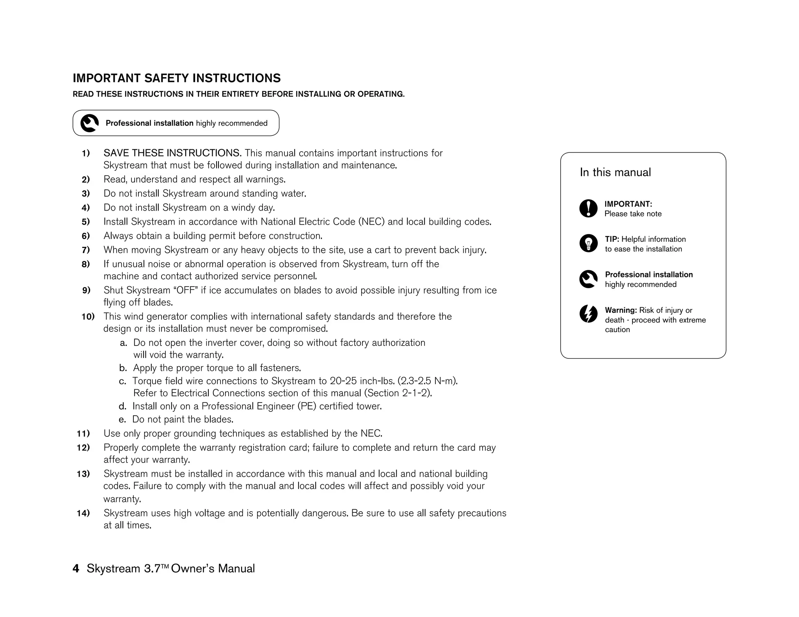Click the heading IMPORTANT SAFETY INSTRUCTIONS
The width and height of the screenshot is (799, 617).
176,78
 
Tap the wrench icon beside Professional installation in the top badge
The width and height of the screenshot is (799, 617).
89,123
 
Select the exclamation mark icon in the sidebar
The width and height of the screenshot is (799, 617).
588,208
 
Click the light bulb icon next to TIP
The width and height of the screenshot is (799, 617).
588,243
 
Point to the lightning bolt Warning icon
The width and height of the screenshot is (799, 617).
588,314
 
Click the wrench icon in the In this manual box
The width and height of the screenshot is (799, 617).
588,279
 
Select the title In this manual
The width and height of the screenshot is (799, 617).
615,172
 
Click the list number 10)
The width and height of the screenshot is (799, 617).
88,317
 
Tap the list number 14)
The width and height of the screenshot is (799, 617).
83,513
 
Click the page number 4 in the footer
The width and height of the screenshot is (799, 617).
76,569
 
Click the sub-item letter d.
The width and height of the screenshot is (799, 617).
123,406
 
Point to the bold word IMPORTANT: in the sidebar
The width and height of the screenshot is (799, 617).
628,204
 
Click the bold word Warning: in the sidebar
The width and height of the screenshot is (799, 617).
621,310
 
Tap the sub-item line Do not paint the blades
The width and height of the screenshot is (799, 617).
183,420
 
